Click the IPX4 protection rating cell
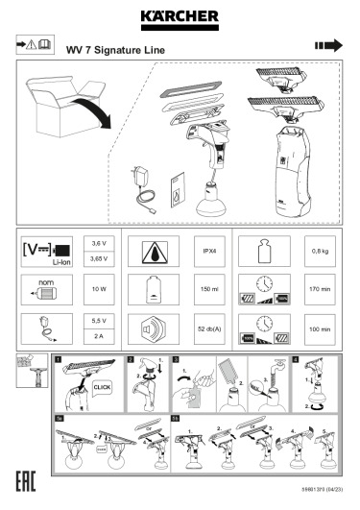click(209, 254)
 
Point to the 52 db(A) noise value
click(209, 329)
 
